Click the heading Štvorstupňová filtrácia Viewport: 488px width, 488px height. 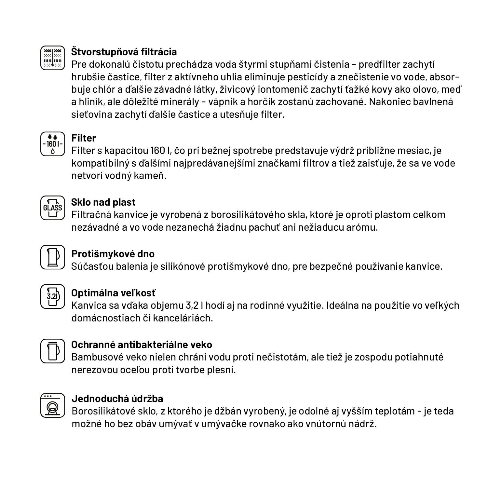click(124, 52)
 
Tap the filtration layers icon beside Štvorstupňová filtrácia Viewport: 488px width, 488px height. click(53, 58)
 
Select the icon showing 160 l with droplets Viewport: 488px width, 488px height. click(53, 144)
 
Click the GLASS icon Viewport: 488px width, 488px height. click(53, 208)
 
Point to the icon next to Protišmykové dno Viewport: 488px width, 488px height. click(53, 257)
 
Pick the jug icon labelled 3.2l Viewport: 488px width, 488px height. click(53, 296)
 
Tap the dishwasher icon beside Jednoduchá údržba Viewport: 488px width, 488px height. click(53, 405)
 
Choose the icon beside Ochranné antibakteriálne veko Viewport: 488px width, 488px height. click(53, 351)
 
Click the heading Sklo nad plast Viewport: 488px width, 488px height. click(103, 202)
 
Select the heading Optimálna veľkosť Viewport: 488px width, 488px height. click(114, 293)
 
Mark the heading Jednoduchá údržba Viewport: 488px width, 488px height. click(117, 399)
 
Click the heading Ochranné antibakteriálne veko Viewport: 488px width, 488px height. click(142, 345)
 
